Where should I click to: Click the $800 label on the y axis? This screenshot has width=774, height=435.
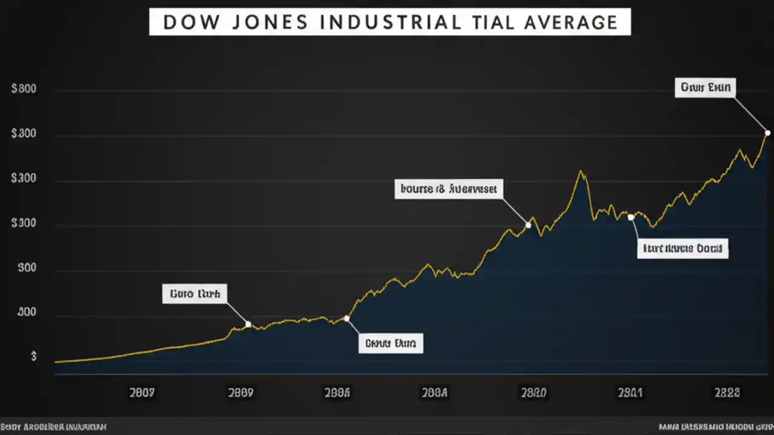coord(24,89)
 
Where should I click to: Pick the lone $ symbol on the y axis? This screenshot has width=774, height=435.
coord(34,356)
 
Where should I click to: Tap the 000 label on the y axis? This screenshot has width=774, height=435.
coord(27,313)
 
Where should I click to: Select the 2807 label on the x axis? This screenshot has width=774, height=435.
coord(142,393)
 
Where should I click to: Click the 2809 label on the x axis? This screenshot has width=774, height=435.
coord(240,393)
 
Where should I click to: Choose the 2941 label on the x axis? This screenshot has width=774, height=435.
coord(630,393)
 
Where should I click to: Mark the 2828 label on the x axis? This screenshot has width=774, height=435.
coord(727,393)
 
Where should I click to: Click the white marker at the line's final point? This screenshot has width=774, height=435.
coord(767,133)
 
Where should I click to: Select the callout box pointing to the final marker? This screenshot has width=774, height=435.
coord(705,88)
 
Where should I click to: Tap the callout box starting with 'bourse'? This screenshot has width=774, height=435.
coord(448,188)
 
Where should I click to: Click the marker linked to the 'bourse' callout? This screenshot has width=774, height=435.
coord(528,225)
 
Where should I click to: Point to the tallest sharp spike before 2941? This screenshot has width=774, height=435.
coord(581,172)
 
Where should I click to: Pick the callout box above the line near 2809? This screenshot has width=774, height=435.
coord(195,294)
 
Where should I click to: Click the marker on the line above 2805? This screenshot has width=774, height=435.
coord(346,318)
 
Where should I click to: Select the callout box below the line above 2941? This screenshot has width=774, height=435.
coord(683,248)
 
